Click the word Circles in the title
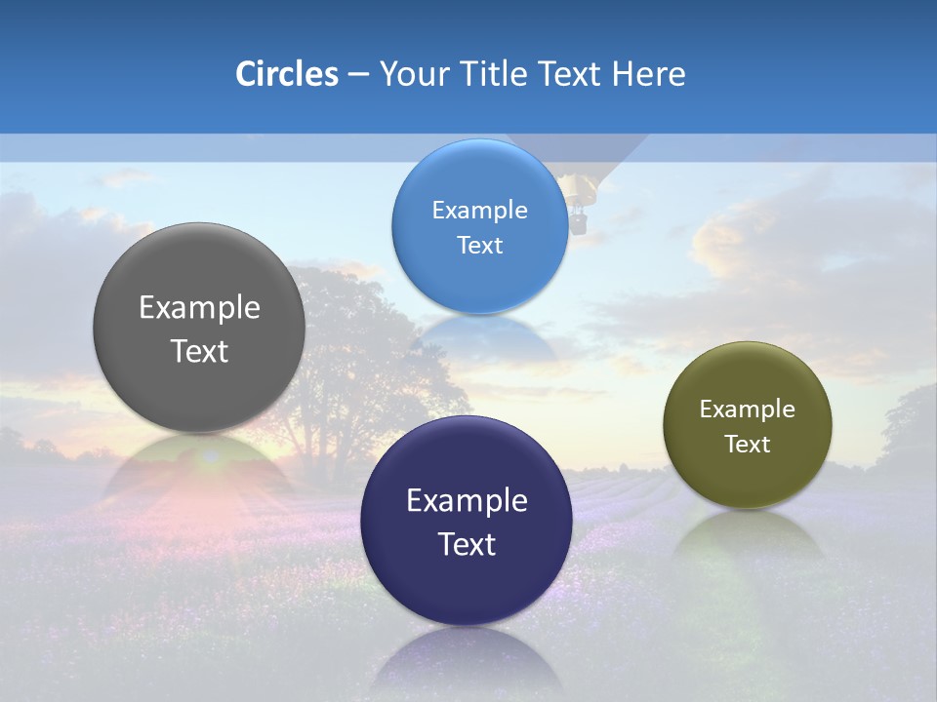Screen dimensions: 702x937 tap(287, 74)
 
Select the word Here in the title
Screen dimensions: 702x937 tap(648, 74)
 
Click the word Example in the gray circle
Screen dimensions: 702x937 tap(199, 308)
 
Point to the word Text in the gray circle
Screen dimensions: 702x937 tap(199, 351)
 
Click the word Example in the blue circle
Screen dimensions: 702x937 tap(479, 211)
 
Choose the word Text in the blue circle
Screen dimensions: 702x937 tap(479, 245)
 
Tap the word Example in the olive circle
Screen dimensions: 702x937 tap(748, 409)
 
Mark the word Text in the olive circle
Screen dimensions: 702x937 tap(748, 445)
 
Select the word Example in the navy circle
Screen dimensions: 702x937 tap(467, 501)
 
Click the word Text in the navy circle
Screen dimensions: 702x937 tap(467, 544)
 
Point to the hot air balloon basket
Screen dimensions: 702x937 tap(579, 224)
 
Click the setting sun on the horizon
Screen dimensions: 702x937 tap(209, 456)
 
